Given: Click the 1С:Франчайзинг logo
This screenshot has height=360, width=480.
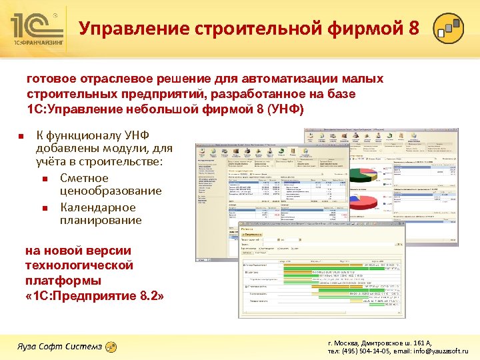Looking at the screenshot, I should point(37,30).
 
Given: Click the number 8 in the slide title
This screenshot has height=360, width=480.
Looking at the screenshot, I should point(414,29).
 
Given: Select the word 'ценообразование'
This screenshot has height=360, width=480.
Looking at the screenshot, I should point(111,191).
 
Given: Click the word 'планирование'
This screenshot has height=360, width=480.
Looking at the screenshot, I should point(101,220).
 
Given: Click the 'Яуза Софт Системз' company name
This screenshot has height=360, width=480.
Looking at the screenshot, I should point(59,347).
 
